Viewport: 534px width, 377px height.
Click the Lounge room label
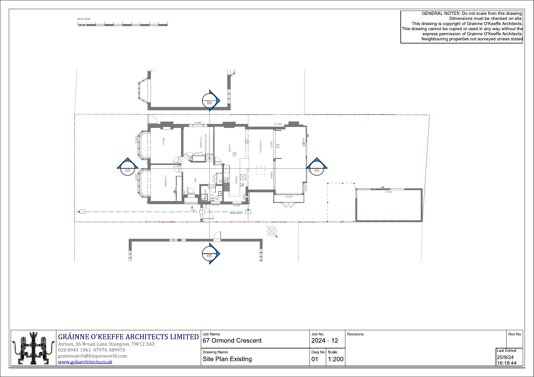[163, 141]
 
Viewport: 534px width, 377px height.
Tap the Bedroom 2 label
[201, 142]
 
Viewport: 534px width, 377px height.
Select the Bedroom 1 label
[166, 180]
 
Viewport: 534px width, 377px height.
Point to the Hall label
[195, 180]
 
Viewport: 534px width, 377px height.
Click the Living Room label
[260, 147]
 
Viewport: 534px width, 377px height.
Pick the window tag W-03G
[198, 123]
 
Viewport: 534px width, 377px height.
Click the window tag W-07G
[288, 197]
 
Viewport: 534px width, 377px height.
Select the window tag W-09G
[237, 206]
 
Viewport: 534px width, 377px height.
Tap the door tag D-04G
[218, 162]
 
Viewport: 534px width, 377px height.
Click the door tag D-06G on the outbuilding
[389, 192]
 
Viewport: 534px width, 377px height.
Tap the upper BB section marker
[210, 101]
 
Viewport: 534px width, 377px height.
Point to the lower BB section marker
[210, 253]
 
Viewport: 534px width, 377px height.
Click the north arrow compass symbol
[271, 231]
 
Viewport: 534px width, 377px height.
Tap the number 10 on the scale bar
[167, 23]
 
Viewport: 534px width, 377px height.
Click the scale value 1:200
[336, 359]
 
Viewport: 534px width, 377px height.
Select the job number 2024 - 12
[325, 341]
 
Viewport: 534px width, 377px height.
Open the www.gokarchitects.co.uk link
[85, 362]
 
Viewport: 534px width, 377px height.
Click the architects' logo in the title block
[33, 348]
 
